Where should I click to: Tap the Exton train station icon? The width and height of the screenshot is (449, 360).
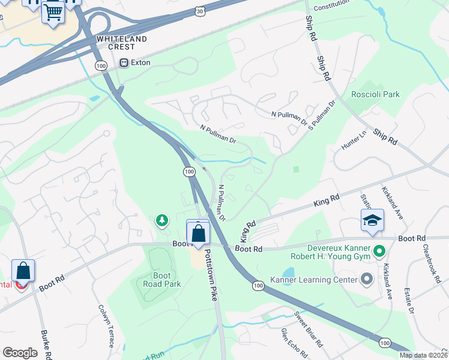[124, 62]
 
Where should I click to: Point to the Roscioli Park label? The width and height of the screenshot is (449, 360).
[376, 94]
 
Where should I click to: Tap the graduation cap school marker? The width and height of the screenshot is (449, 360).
[372, 220]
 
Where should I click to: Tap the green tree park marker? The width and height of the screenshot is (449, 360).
[161, 221]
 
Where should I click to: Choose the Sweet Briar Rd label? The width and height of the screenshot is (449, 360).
[308, 329]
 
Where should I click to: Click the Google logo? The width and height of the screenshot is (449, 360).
[20, 352]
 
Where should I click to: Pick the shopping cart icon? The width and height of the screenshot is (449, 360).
[53, 11]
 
